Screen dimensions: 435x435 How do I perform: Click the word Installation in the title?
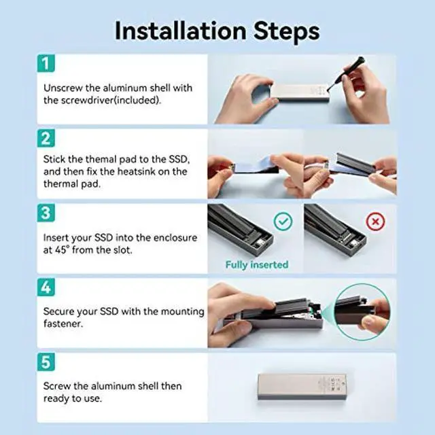pyautogui.click(x=181, y=31)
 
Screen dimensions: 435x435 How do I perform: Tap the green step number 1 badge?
pyautogui.click(x=46, y=63)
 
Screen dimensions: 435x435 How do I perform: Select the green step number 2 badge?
pyautogui.click(x=46, y=138)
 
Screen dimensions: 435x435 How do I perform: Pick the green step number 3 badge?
pyautogui.click(x=46, y=213)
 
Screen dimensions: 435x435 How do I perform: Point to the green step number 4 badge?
pyautogui.click(x=46, y=288)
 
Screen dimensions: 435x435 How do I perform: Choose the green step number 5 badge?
pyautogui.click(x=46, y=362)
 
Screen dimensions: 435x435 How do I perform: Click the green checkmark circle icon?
pyautogui.click(x=283, y=222)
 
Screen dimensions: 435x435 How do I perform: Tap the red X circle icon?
pyautogui.click(x=376, y=222)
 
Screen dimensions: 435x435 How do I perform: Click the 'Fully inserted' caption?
pyautogui.click(x=257, y=264)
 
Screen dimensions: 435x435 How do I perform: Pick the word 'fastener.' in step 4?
pyautogui.click(x=63, y=324)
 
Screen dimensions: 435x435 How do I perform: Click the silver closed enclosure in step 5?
pyautogui.click(x=302, y=387)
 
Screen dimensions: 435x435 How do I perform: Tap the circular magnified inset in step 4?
pyautogui.click(x=362, y=312)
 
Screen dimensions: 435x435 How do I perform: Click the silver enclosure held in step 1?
pyautogui.click(x=300, y=93)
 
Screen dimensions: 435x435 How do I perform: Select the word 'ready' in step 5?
pyautogui.click(x=56, y=399)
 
